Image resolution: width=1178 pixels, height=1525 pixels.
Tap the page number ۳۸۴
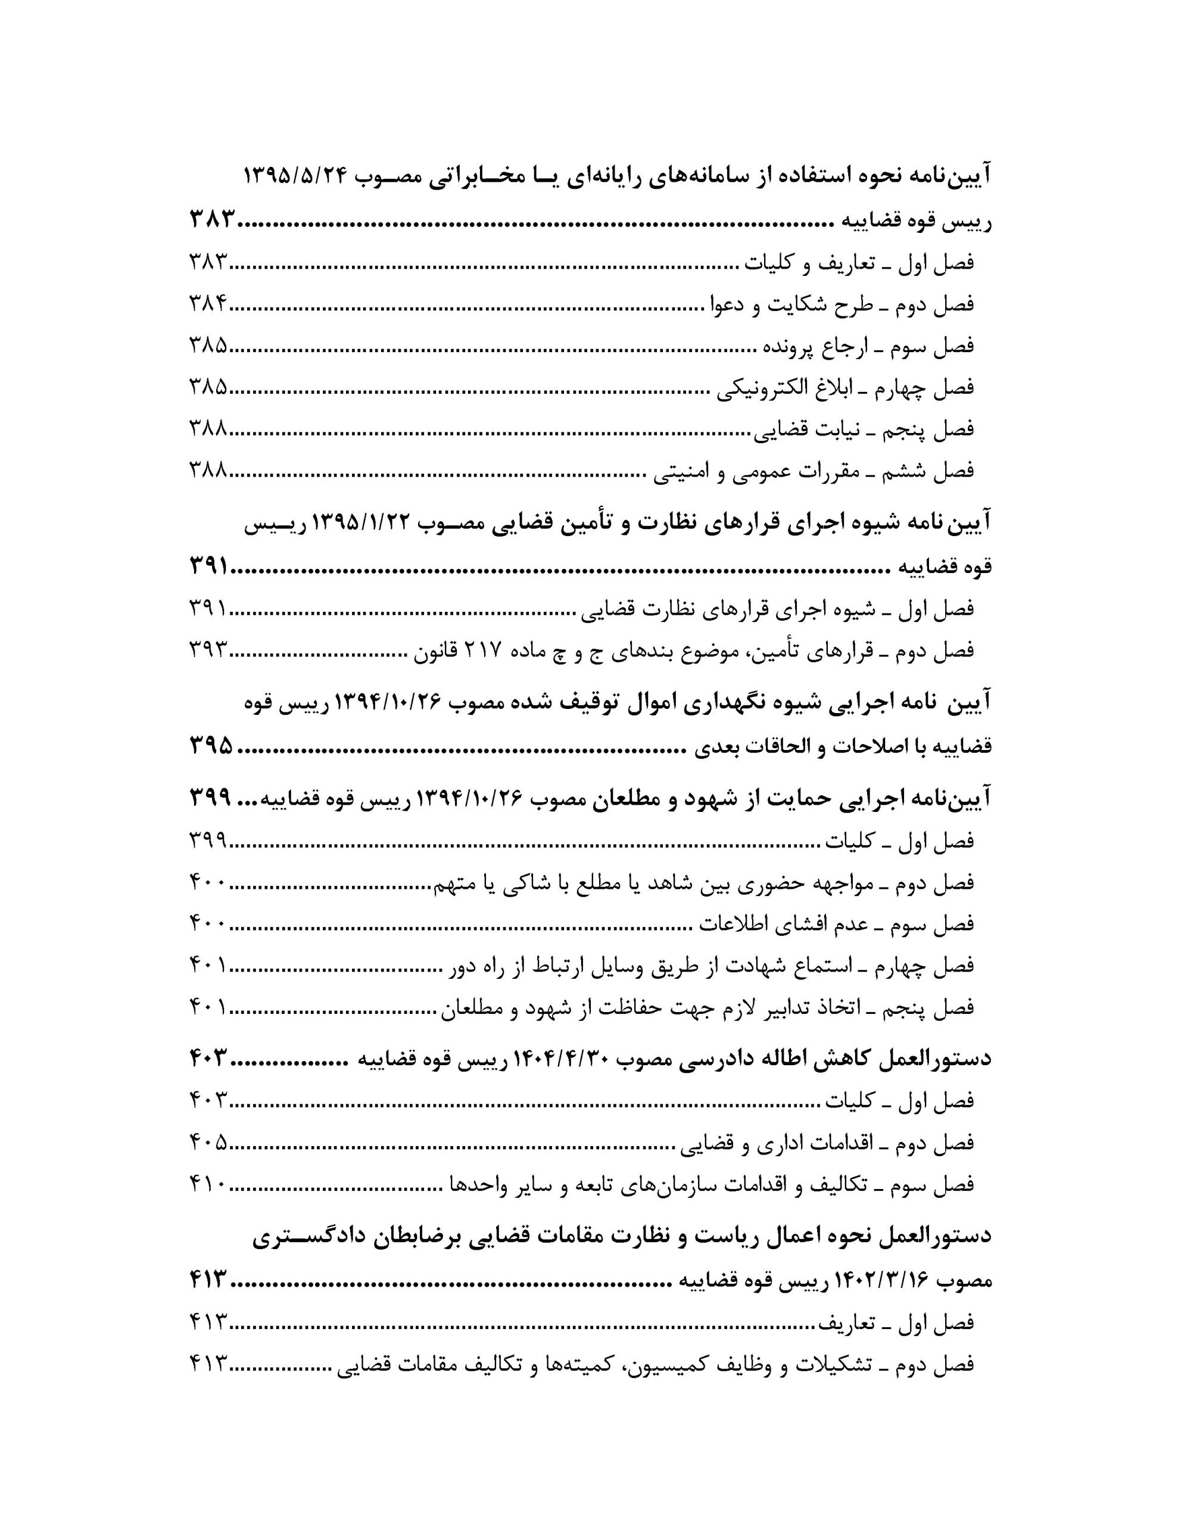(208, 304)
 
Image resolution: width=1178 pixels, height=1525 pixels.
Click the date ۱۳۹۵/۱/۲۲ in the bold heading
(360, 522)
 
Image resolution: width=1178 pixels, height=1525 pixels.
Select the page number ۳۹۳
(208, 650)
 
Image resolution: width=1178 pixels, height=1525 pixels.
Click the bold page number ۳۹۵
(211, 746)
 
